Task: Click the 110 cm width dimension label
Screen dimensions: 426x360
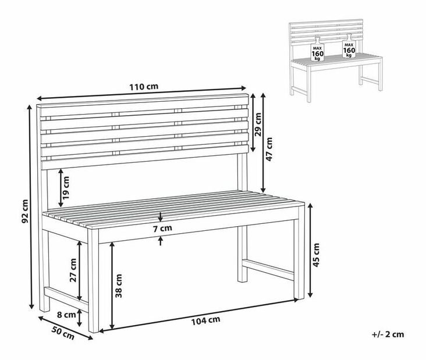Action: pos(144,87)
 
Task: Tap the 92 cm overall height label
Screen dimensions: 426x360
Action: pos(24,211)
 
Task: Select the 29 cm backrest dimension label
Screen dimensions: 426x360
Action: pos(258,124)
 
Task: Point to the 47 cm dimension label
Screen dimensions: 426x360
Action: pos(269,149)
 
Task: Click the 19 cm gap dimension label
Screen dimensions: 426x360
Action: pos(66,188)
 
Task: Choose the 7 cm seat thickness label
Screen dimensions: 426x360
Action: pos(162,229)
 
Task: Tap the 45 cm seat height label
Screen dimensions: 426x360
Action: pos(316,255)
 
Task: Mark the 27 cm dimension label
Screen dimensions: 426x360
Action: pos(73,270)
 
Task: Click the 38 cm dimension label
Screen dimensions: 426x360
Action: pos(119,286)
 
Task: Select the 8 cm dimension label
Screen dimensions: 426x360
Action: pos(66,315)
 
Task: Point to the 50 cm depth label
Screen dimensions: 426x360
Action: pos(63,333)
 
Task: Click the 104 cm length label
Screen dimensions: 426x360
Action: pos(205,320)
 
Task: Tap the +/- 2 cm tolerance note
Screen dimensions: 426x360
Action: pos(388,334)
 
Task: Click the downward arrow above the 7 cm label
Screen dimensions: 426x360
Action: pos(160,216)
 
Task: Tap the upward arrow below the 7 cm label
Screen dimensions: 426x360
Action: pos(160,241)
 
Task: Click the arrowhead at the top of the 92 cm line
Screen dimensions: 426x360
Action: pos(29,107)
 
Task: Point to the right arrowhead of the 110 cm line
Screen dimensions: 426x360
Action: pos(243,88)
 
